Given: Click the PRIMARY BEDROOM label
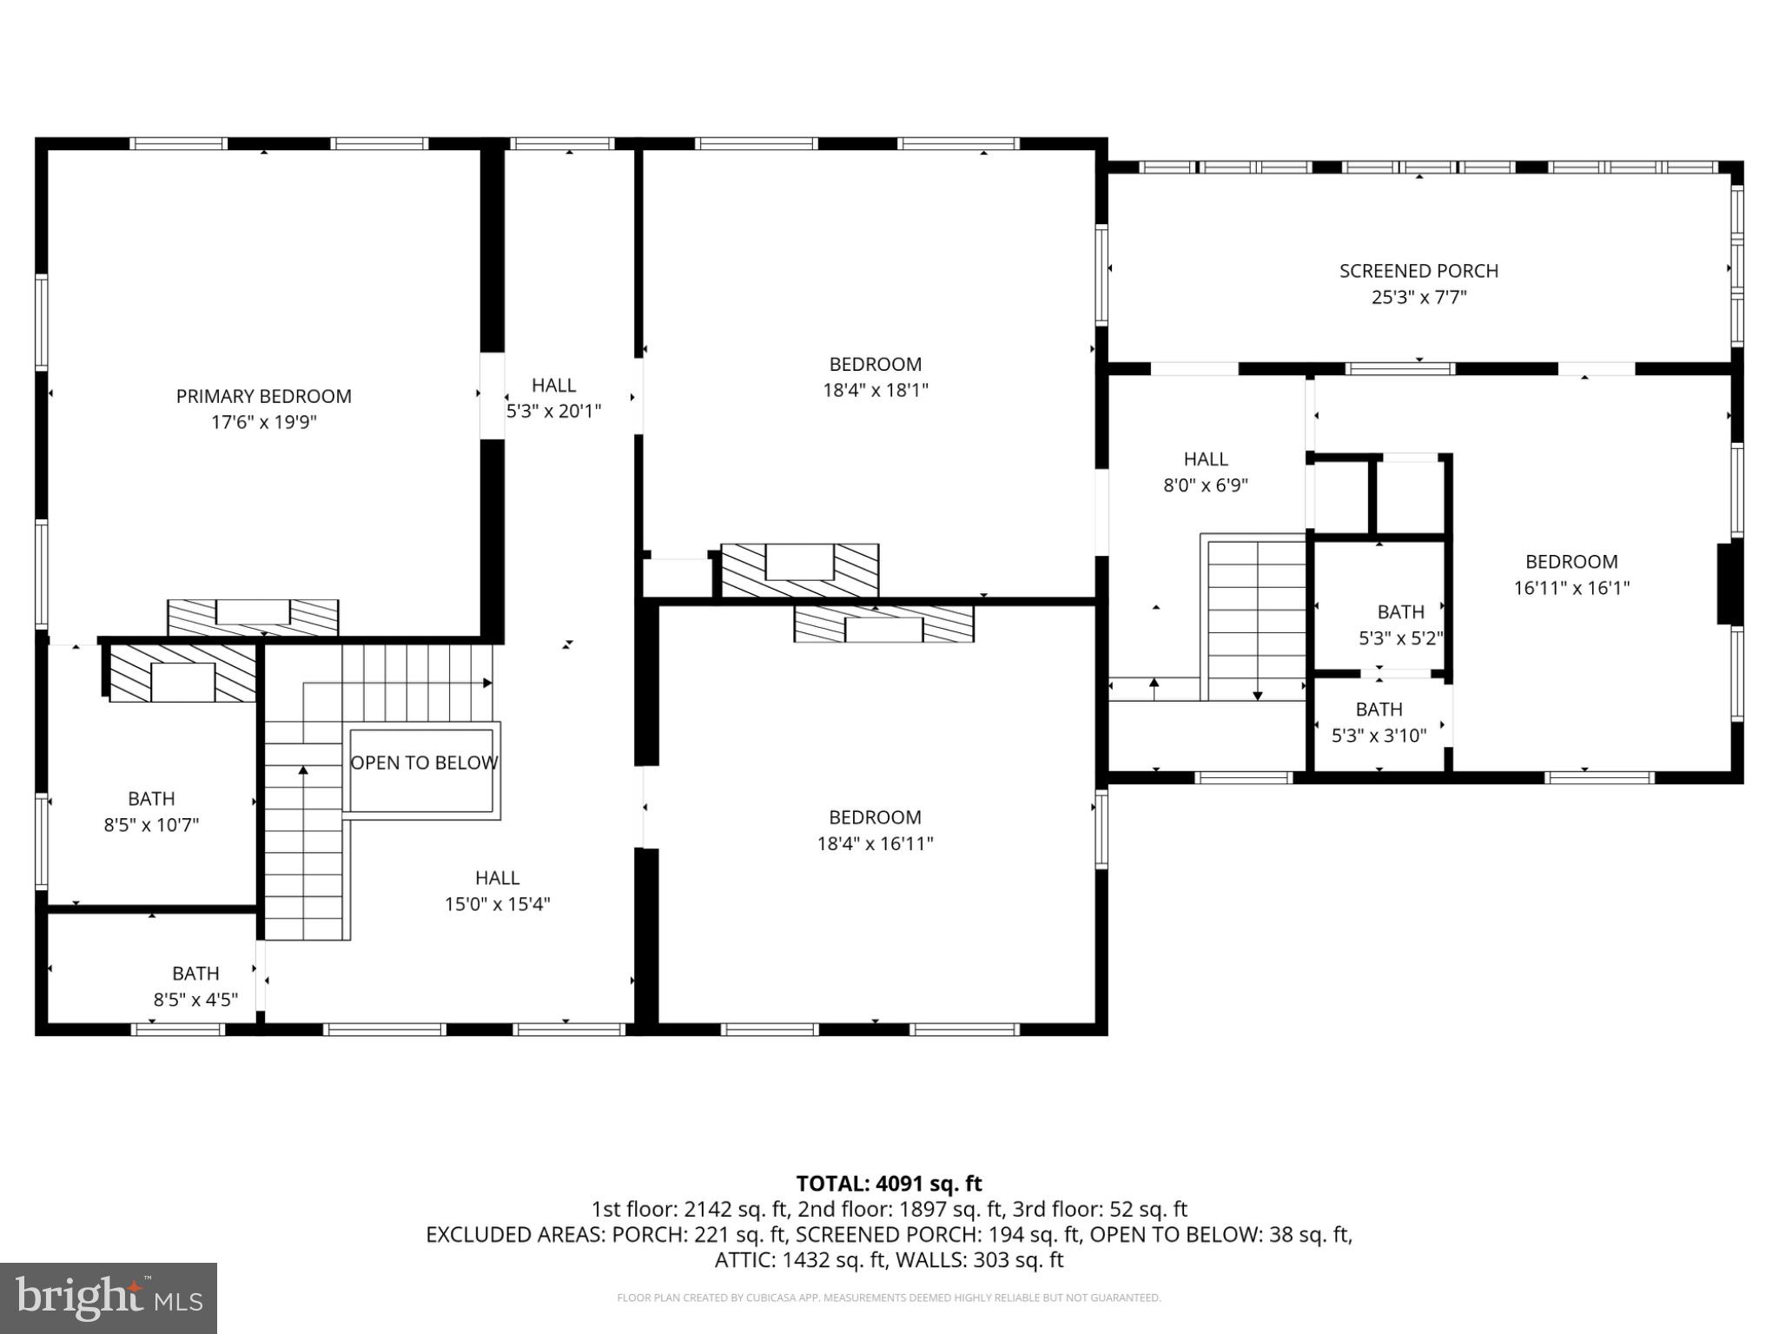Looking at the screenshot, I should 263,397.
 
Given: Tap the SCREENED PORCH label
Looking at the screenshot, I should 1419,271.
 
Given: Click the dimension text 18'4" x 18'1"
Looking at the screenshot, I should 875,391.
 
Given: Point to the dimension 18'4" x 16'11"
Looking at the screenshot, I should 875,843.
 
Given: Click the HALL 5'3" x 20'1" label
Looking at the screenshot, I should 554,398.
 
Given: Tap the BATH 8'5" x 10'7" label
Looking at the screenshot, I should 151,811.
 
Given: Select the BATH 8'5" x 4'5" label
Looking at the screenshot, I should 195,987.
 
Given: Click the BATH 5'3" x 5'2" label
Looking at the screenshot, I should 1400,624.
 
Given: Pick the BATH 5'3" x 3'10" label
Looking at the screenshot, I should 1379,723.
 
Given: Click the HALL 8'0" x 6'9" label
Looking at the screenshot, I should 1206,472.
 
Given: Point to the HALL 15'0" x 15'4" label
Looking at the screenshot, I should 497,891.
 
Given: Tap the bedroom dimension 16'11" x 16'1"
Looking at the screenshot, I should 1571,588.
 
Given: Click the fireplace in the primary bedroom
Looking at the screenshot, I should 253,617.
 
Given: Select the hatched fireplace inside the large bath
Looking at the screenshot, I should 182,674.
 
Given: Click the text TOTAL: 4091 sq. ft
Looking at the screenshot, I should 889,1184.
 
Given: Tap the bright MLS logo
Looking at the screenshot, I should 109,1298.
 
